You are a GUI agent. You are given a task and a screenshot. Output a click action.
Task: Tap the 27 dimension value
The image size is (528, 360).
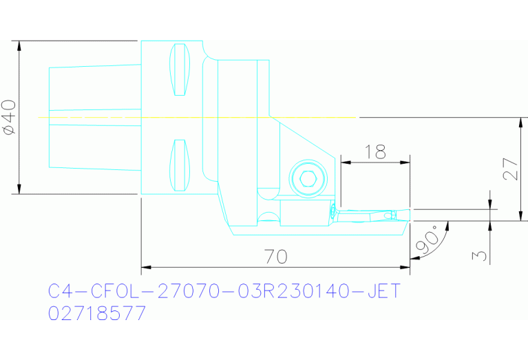click(510, 168)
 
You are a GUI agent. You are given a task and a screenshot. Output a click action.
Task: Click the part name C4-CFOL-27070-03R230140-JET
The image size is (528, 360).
click(224, 292)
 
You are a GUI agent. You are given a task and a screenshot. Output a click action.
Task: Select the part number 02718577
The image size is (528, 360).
click(97, 314)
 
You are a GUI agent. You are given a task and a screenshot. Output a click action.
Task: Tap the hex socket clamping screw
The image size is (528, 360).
click(306, 180)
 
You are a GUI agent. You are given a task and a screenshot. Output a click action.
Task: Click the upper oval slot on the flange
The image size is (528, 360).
click(180, 69)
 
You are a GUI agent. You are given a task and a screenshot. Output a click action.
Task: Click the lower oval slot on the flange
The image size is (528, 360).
click(180, 165)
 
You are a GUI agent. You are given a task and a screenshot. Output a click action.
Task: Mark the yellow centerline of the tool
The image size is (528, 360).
click(200, 118)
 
